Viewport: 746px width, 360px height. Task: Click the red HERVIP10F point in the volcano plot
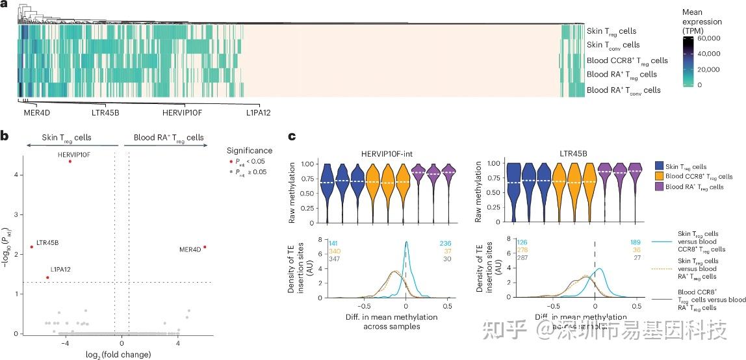(70, 161)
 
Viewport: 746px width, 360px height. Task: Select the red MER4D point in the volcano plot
(205, 247)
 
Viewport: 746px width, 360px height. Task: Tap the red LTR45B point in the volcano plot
(31, 247)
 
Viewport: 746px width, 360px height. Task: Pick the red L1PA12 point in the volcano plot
(47, 277)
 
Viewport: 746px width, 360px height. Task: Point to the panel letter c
(292, 137)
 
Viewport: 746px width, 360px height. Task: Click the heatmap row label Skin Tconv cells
(613, 45)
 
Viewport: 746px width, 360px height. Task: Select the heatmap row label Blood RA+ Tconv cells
(623, 90)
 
